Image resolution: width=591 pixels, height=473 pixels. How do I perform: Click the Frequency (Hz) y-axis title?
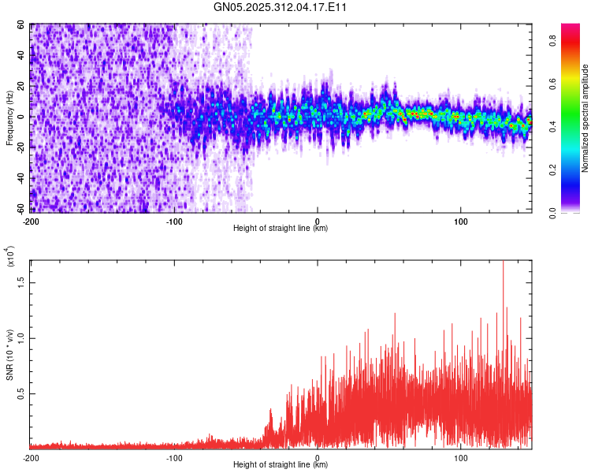pos(10,117)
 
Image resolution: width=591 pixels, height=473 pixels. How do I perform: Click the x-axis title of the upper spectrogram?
pos(281,228)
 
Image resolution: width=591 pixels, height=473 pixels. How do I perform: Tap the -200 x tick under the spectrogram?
pos(32,220)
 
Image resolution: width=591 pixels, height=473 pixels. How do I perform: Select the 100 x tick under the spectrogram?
pos(461,220)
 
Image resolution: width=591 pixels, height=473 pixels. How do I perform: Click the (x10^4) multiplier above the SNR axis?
pos(11,256)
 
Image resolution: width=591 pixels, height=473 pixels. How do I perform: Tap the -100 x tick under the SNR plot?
pos(174,456)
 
